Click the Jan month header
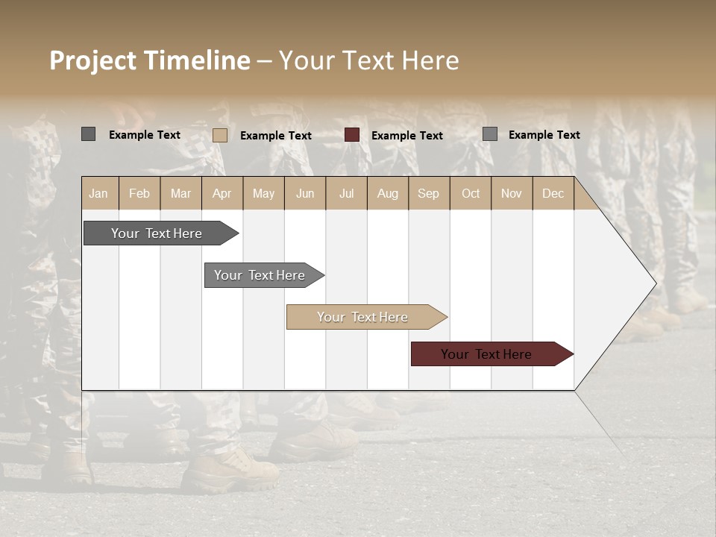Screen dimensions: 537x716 tap(99, 193)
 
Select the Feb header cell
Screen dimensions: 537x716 tap(139, 193)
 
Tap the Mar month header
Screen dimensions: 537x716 tap(180, 193)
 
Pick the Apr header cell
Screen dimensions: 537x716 tap(222, 193)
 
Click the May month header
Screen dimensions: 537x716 tap(263, 193)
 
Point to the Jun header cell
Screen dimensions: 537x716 tap(305, 193)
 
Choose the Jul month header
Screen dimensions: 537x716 tap(346, 193)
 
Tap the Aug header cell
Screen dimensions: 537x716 tap(388, 193)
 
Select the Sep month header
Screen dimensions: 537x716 tap(429, 193)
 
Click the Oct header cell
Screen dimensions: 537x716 tap(471, 193)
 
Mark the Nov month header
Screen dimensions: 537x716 tap(512, 193)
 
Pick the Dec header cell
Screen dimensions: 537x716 tap(553, 193)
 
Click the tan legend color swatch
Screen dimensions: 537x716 tap(220, 135)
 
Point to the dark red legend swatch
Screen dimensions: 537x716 tap(352, 135)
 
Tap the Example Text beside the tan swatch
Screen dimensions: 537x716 tap(276, 136)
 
